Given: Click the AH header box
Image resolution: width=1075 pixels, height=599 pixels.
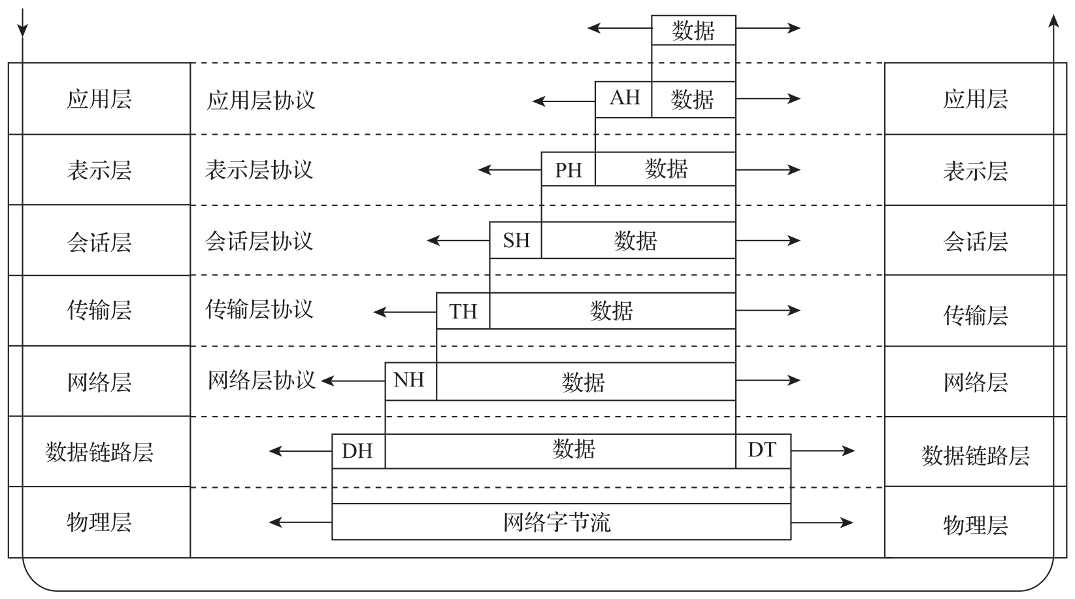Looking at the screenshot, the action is click(623, 99).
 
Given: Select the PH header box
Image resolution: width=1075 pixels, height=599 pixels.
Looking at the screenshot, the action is click(569, 169).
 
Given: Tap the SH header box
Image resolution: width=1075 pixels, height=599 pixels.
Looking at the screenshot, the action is click(516, 240).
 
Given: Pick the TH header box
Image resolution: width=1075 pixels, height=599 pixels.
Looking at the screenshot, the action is click(463, 311).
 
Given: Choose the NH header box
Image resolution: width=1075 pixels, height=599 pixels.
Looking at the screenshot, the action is click(411, 381).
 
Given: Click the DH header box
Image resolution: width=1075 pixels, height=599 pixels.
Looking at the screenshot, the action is click(359, 451).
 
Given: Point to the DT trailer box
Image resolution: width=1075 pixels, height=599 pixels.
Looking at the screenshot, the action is click(763, 451).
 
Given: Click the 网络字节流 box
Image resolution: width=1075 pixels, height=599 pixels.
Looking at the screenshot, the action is click(561, 522).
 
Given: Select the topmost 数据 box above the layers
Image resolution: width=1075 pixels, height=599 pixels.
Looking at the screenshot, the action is click(693, 30).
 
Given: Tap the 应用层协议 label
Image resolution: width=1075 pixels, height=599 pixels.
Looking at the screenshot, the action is click(261, 101).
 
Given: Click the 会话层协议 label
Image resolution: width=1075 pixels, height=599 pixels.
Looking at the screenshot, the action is click(259, 241).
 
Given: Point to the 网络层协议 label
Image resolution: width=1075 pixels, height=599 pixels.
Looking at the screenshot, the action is click(261, 381).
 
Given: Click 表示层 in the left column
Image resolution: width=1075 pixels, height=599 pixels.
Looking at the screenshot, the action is click(99, 171).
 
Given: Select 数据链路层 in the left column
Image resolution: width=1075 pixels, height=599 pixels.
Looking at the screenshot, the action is click(99, 452).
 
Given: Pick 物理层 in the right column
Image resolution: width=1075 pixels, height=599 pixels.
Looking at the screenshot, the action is click(975, 524).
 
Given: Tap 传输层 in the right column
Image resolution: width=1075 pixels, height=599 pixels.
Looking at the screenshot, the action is click(975, 315).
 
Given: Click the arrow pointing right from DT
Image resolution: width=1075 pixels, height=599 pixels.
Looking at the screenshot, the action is click(823, 451).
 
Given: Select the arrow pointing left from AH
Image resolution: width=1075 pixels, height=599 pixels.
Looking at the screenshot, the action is click(564, 101).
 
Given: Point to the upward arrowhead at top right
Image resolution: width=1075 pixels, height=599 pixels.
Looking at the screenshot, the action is click(1053, 21).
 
